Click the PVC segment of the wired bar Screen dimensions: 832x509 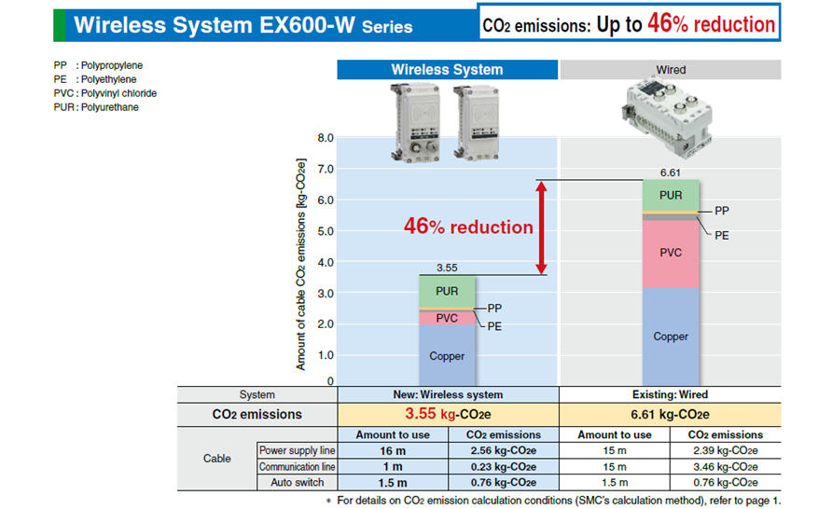click(671, 254)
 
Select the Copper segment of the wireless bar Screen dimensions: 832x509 click(447, 355)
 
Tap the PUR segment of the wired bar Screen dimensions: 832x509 click(671, 195)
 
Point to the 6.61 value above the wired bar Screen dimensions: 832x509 click(670, 172)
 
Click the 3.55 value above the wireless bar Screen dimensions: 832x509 click(447, 268)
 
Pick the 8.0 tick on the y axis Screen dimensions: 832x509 click(326, 138)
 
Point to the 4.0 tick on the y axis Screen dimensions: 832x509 click(326, 263)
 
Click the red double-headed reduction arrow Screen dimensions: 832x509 click(541, 227)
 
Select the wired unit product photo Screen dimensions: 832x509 click(667, 117)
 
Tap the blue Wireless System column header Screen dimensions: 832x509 click(448, 70)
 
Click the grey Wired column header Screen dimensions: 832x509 click(671, 70)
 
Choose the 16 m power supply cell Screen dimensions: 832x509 click(393, 450)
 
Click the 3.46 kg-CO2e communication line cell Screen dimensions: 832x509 click(726, 467)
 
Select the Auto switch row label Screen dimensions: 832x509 click(298, 483)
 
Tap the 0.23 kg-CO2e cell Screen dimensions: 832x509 click(504, 467)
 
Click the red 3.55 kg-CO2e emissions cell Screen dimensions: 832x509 click(448, 414)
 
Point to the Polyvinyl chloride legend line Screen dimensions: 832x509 click(105, 93)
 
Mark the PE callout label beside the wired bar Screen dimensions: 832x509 click(722, 236)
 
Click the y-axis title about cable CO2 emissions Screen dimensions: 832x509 click(301, 264)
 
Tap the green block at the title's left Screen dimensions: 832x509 click(60, 25)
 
